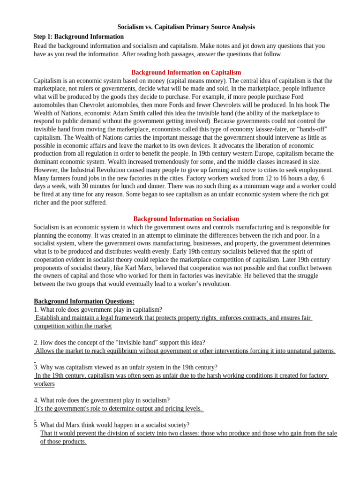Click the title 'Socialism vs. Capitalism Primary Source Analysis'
186,27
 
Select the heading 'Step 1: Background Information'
79,37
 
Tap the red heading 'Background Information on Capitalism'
186,73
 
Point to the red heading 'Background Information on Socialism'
186,219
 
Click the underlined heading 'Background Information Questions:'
84,301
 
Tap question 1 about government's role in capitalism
98,309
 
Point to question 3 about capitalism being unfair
125,367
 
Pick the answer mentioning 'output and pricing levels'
119,408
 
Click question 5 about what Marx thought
112,425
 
